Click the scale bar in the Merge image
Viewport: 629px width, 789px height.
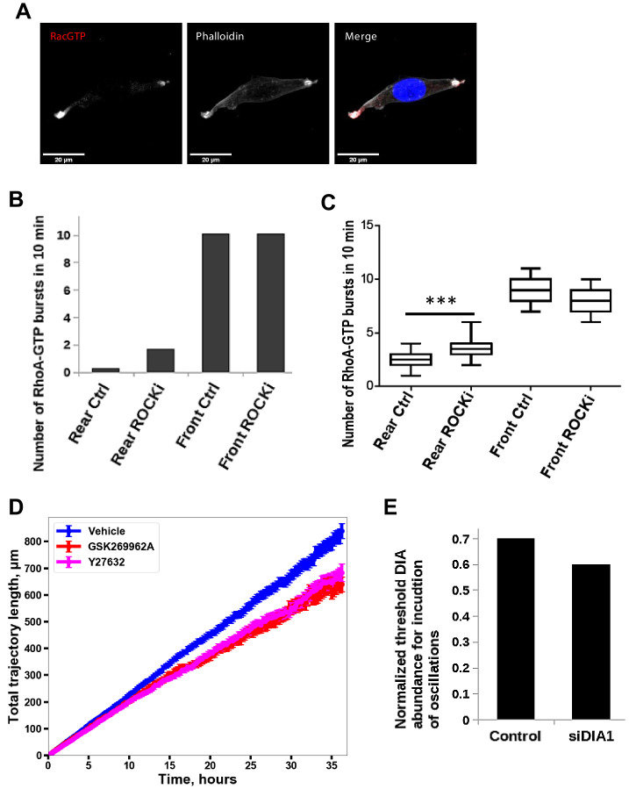[357, 154]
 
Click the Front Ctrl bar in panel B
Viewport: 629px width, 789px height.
[214, 303]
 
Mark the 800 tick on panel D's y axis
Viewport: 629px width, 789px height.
[32, 542]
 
